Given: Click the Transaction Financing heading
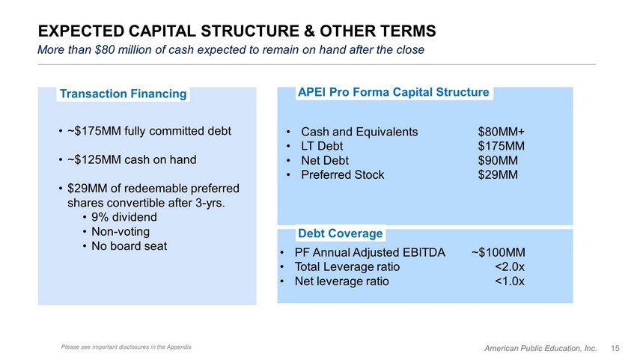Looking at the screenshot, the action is [x=123, y=94].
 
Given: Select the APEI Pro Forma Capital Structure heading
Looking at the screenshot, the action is [x=394, y=92].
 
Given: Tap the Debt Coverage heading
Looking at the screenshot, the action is [x=341, y=234].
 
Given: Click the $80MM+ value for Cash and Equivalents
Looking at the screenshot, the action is [x=502, y=132].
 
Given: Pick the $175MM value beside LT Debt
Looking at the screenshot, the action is [x=502, y=146].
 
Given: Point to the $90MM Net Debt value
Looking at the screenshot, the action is [x=498, y=160].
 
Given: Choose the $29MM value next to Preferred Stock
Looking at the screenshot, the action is [x=498, y=174].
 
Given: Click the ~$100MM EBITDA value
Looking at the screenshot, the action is [x=499, y=253].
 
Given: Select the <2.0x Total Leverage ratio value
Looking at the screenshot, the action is [x=510, y=267].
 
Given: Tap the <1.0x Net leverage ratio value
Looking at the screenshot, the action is [x=510, y=281].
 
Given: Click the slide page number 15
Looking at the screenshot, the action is [x=615, y=348].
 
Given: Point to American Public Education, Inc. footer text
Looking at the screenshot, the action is [x=540, y=348].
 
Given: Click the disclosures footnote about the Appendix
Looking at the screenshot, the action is [x=126, y=347].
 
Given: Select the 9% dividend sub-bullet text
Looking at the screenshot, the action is [x=124, y=217].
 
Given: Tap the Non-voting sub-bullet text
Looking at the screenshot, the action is [x=121, y=231].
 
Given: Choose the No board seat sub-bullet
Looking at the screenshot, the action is [x=129, y=246].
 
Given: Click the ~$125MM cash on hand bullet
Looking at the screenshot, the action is [x=132, y=159].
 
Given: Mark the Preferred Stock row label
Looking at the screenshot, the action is [x=342, y=174].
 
